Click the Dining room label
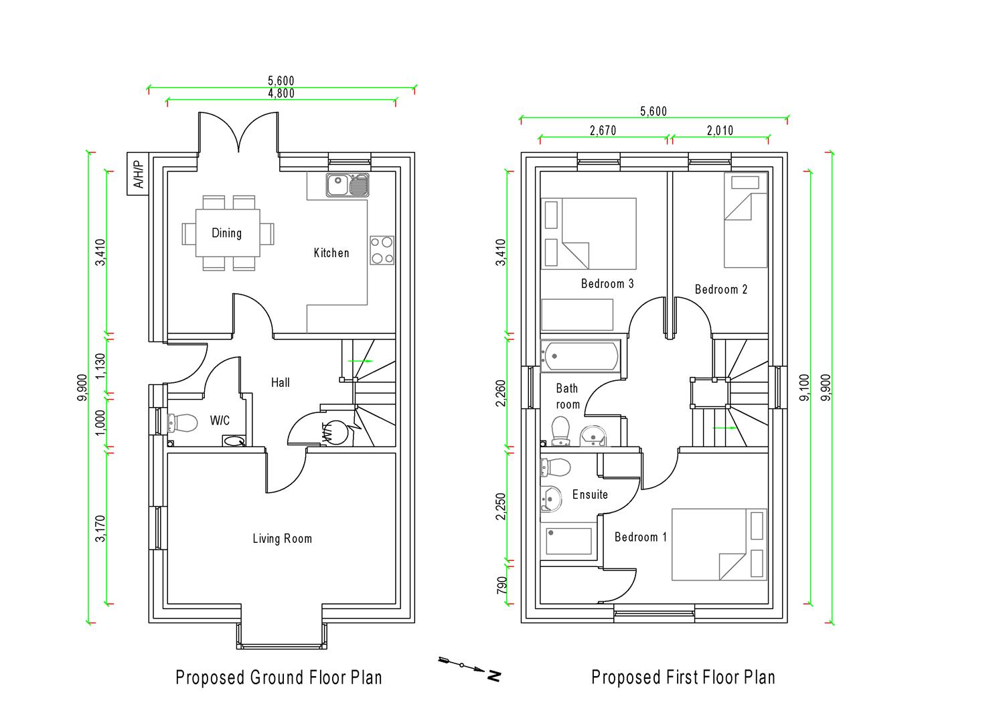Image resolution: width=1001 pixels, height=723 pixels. pos(226,233)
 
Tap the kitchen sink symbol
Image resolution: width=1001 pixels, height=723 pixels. pos(348,185)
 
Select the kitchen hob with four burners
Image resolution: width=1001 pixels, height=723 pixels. pos(382,250)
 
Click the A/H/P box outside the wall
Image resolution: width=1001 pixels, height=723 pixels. pos(137,174)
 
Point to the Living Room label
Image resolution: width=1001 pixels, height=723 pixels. pos(282,538)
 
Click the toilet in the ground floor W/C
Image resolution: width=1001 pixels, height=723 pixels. pos(183,423)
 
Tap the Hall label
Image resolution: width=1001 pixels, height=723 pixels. pos(280,382)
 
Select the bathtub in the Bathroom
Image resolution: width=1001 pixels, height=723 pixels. pos(580,356)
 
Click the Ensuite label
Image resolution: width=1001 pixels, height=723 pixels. pos(590,495)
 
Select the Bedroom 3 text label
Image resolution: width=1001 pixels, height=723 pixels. pos(607,284)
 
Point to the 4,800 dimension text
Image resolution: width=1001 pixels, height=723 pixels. pos(281,94)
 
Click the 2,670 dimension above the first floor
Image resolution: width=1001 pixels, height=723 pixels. pos(603,131)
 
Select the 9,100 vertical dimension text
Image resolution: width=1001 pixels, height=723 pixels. pos(804,388)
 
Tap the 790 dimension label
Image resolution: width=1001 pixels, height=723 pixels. pos(502,584)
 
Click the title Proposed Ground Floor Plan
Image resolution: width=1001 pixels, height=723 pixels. pos(279,677)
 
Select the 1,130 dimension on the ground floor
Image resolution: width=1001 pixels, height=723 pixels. pos(100,365)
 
